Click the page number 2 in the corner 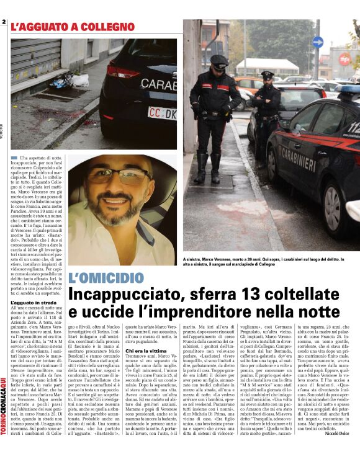coord(4,23)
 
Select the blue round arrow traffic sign coord(318,42)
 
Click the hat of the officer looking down coord(219,61)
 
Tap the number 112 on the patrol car coord(353,128)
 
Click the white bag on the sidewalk coord(79,79)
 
